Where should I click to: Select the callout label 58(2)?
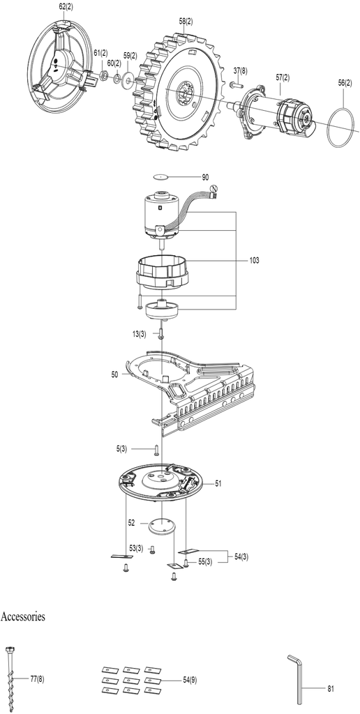[x=186, y=22]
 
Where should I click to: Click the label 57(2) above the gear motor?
[x=282, y=78]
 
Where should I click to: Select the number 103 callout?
[x=254, y=261]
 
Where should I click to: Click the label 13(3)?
[x=140, y=334]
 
